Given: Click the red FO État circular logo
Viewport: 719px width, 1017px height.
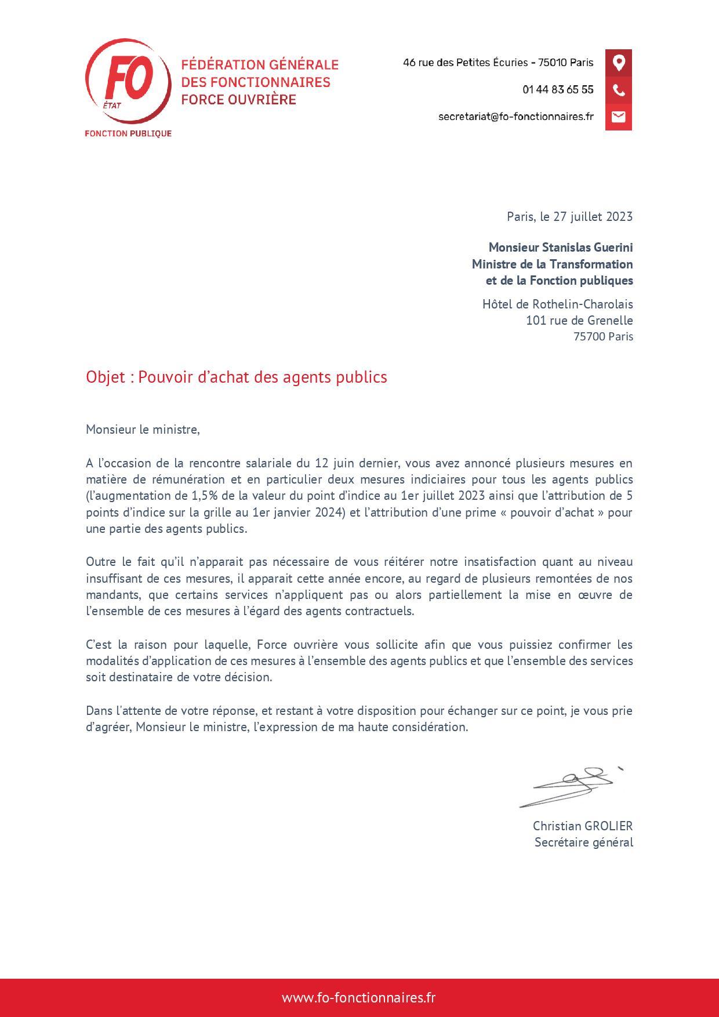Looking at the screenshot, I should (128, 81).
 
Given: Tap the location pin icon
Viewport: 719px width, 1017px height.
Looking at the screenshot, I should (619, 63).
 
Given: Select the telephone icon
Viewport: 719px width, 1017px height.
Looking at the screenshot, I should (619, 90).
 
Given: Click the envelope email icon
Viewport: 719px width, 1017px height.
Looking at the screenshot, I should (619, 117).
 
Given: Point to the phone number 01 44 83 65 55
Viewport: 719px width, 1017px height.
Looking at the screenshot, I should (558, 90).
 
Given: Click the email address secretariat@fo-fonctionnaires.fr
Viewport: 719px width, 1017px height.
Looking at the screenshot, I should (515, 117).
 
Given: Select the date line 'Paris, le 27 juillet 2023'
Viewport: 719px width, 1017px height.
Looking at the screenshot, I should (569, 217).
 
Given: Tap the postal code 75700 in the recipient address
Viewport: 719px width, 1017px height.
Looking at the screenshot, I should (589, 337).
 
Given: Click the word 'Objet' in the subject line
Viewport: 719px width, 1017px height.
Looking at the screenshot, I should (106, 377).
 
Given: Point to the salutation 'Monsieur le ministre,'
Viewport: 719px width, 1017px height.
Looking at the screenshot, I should (143, 430).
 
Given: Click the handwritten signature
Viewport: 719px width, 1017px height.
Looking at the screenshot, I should (571, 785).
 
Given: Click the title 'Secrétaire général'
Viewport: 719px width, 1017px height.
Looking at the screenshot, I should (583, 842).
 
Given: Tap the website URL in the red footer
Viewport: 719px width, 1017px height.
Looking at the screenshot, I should (359, 998).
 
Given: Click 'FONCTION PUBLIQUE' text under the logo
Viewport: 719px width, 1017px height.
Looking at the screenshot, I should (128, 134).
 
